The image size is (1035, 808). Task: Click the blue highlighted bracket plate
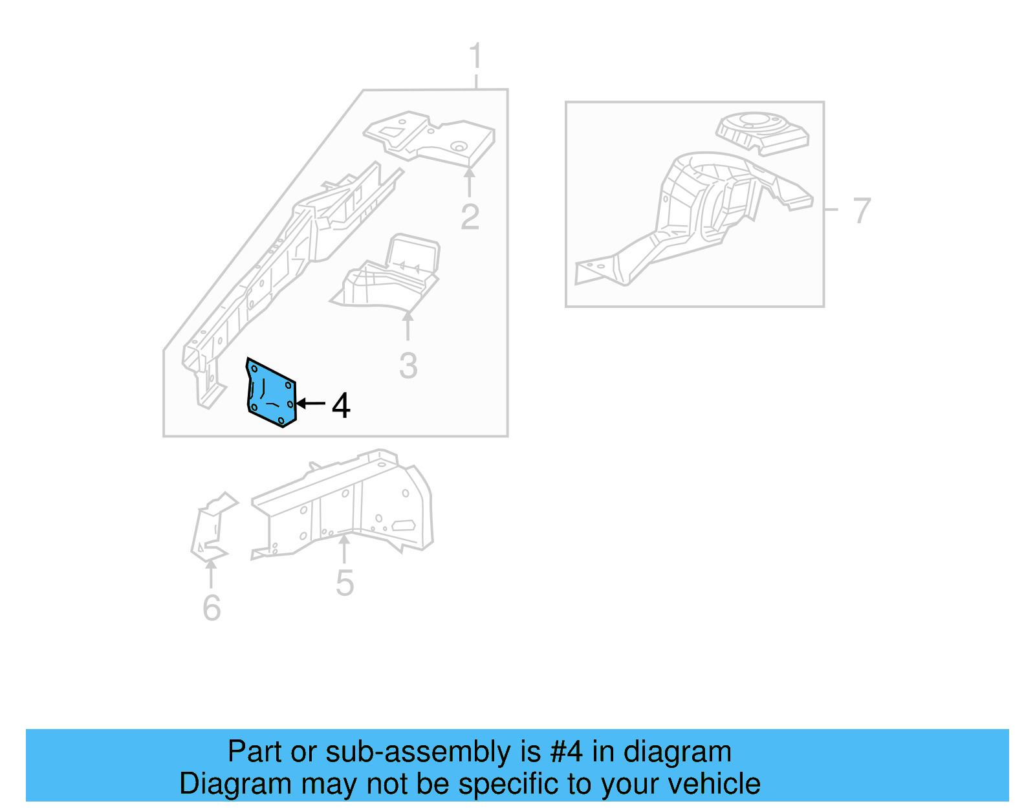click(272, 393)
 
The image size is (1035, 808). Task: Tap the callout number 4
click(341, 406)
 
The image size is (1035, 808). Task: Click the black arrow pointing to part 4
click(311, 404)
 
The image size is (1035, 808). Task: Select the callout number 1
click(475, 56)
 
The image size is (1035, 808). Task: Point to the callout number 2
click(470, 217)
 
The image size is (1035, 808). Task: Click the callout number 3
click(408, 366)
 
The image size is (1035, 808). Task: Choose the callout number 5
click(345, 584)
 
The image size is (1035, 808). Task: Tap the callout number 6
click(212, 608)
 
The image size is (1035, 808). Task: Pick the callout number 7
click(862, 211)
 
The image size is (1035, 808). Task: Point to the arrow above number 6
click(211, 573)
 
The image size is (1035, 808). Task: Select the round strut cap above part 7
click(762, 133)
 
